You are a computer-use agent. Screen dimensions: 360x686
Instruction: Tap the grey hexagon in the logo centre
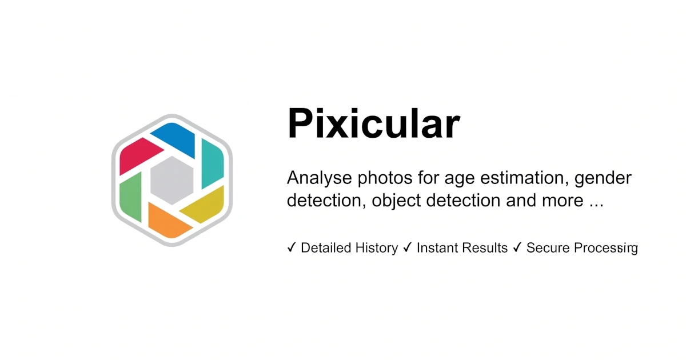[x=171, y=180]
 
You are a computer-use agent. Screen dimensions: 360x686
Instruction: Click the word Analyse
[x=320, y=178]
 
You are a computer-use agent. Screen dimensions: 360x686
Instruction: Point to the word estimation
[x=523, y=178]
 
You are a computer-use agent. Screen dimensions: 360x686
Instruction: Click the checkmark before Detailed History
[x=292, y=247]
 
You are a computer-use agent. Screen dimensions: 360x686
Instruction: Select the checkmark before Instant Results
[x=408, y=247]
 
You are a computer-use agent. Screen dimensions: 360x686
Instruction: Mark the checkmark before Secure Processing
[x=517, y=247]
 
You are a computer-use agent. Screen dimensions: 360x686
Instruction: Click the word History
[x=376, y=248]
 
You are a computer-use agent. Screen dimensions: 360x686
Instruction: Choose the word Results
[x=485, y=248]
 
